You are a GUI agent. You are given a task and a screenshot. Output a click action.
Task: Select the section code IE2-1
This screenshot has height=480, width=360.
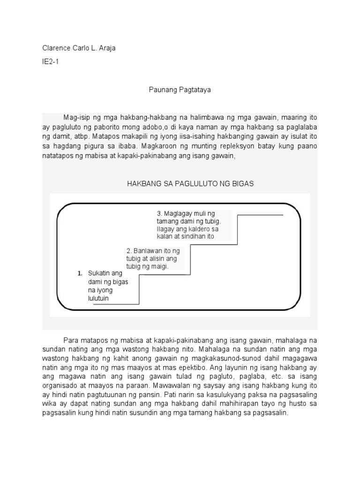(51, 61)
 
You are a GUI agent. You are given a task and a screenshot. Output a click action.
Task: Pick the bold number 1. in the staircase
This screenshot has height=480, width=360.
(80, 273)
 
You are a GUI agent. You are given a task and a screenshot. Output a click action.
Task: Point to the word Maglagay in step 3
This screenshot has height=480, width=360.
(177, 213)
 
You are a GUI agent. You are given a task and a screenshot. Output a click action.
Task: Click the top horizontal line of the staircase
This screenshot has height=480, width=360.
(261, 215)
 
